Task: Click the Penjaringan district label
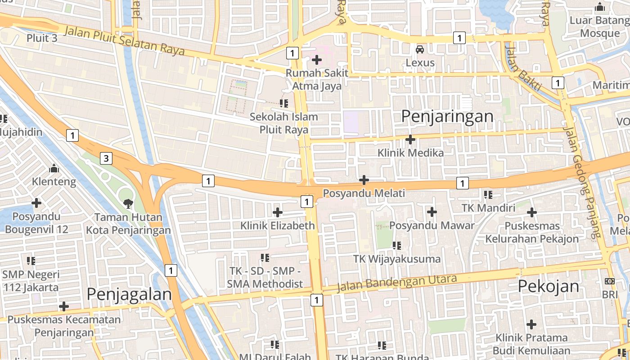point(447,117)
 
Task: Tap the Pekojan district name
point(548,286)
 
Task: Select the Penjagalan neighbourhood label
point(129,294)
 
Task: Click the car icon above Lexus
point(420,49)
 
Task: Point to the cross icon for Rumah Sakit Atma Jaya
point(316,59)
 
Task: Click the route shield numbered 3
point(106,158)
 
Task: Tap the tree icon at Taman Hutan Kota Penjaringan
point(128,203)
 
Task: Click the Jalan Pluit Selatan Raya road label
point(124,40)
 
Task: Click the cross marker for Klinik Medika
point(410,139)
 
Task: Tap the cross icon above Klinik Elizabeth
point(278,212)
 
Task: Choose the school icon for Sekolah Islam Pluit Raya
point(284,103)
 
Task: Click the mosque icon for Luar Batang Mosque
point(599,8)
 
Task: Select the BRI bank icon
point(609,281)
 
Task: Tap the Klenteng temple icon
point(54,169)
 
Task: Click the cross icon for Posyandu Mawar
point(432,211)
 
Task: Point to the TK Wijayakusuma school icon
point(396,246)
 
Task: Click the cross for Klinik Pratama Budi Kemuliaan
point(531,324)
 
